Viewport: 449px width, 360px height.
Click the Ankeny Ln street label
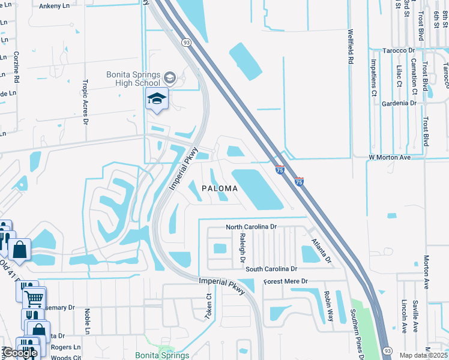[x=54, y=6]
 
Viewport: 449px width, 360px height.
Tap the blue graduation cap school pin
[x=157, y=99]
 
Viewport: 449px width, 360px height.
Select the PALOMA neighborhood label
[x=220, y=188]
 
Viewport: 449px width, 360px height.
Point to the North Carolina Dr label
[x=251, y=227]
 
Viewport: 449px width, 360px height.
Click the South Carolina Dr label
[x=271, y=269]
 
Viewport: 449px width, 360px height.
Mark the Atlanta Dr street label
[x=321, y=251]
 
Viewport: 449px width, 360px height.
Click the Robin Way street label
[x=328, y=306]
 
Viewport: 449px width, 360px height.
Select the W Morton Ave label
[x=389, y=157]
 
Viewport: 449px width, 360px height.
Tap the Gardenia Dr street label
[x=399, y=103]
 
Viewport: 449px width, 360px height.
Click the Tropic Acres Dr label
[x=86, y=102]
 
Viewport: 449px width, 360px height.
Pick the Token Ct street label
[x=209, y=306]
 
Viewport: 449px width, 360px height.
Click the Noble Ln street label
[x=87, y=322]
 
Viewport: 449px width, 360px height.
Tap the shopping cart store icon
[x=35, y=296]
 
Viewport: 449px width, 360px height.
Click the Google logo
[x=19, y=353]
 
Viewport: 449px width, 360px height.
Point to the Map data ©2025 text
[x=424, y=355]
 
